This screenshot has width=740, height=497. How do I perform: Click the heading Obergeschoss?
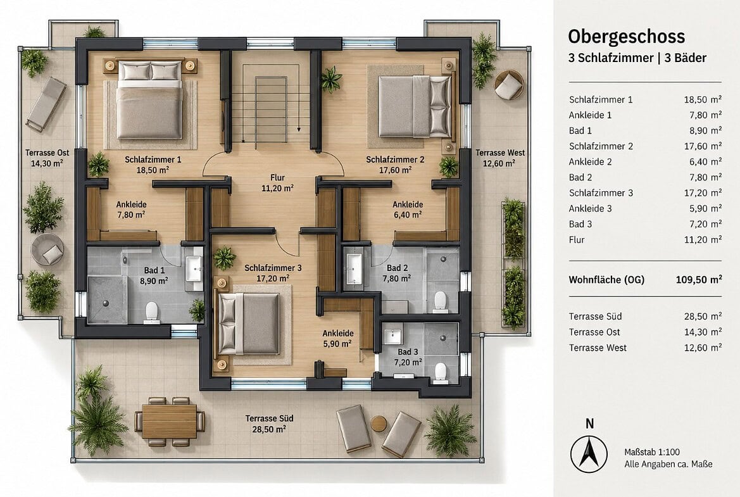(x=626, y=37)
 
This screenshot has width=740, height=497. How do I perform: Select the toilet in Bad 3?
(x=441, y=371)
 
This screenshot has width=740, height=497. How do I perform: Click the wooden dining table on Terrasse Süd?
(x=170, y=422)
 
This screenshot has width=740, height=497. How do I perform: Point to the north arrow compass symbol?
(x=589, y=453)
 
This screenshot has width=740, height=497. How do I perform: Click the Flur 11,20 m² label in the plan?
(x=277, y=183)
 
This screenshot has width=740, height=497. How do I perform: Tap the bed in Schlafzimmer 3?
(x=249, y=324)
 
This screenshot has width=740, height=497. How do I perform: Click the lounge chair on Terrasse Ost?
(x=46, y=104)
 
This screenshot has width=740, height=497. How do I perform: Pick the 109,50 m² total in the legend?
(x=698, y=279)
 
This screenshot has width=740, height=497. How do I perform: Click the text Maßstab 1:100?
(x=652, y=452)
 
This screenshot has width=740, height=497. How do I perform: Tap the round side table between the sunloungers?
(x=379, y=424)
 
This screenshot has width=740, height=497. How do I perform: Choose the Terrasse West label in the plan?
(x=500, y=158)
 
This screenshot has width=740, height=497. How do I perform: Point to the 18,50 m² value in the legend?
(x=703, y=99)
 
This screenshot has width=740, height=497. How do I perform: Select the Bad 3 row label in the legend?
(x=580, y=224)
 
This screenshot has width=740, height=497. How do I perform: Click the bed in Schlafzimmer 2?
(x=415, y=106)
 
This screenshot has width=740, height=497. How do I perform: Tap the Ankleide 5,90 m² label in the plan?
(x=338, y=339)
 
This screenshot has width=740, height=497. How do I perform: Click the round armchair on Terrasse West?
(x=508, y=85)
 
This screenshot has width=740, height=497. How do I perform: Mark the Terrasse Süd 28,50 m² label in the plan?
(x=269, y=424)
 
